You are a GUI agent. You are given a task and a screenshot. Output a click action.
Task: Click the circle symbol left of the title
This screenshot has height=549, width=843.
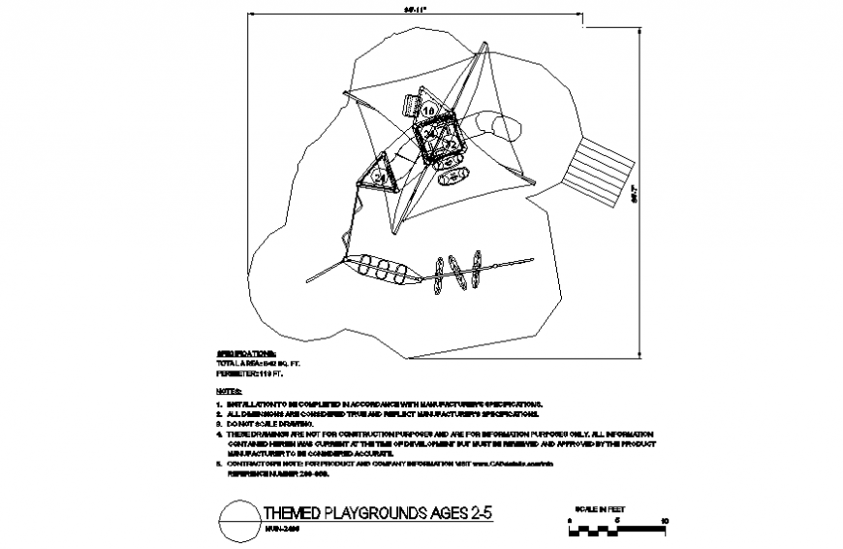click(x=238, y=519)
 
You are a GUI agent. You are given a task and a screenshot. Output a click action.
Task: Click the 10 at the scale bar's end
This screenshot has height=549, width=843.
click(x=664, y=520)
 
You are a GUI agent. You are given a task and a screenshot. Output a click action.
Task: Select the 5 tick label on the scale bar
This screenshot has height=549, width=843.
click(x=616, y=520)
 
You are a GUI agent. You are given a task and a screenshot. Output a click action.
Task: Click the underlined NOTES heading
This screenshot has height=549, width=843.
click(x=228, y=389)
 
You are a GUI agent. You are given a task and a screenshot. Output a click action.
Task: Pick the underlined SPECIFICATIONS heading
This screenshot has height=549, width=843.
click(x=244, y=353)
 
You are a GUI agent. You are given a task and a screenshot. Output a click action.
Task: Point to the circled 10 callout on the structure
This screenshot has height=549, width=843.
click(x=429, y=113)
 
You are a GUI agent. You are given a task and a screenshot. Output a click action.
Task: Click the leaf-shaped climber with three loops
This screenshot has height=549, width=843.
click(x=385, y=269)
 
